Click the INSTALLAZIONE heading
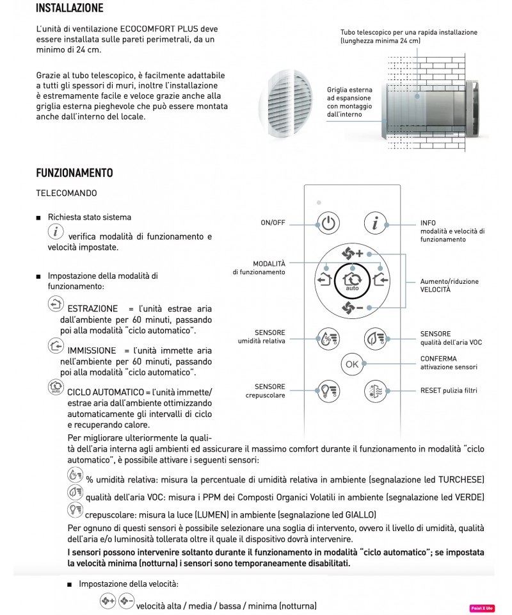tap(69, 9)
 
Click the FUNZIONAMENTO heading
tap(74, 173)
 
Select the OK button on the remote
tap(351, 364)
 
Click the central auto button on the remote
tap(351, 281)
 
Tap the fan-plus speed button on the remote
tap(352, 253)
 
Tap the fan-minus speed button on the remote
tap(352, 309)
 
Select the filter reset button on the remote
tap(376, 391)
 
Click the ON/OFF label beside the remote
tap(273, 223)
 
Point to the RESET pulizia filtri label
tap(449, 390)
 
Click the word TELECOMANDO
tap(67, 192)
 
